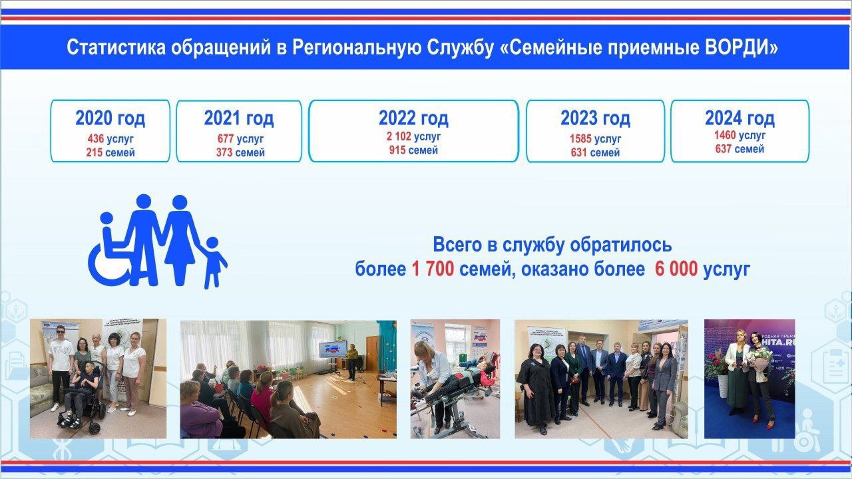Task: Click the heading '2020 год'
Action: point(110,118)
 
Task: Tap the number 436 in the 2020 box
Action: point(95,139)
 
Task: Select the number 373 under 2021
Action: point(224,152)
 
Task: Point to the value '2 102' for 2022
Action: point(399,136)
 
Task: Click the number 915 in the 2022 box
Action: point(397,150)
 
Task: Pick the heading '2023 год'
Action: point(595,118)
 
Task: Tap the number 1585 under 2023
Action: point(580,139)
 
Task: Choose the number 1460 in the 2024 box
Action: point(725,135)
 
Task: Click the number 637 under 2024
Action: point(724,148)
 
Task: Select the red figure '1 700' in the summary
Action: point(433,269)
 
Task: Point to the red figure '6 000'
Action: point(676,269)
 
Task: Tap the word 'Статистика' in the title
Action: point(116,47)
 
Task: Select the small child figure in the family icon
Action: point(214,263)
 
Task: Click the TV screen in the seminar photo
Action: point(333,349)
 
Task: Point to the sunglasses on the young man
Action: point(61,331)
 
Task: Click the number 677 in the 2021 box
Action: point(225,139)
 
